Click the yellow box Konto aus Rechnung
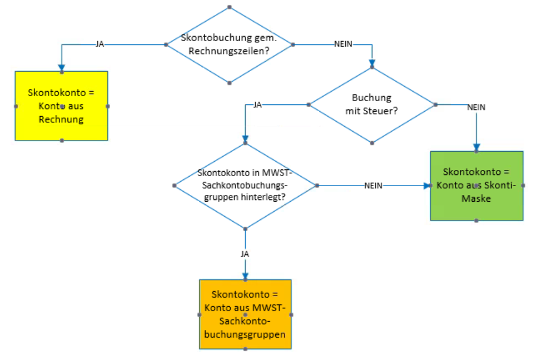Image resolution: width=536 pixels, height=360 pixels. tap(61, 106)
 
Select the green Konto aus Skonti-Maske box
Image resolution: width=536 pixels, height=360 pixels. tap(477, 186)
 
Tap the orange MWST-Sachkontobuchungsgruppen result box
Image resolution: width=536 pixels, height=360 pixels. tap(245, 314)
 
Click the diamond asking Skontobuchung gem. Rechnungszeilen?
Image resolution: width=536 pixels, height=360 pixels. tap(230, 45)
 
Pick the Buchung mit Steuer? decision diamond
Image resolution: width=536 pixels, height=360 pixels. tap(371, 104)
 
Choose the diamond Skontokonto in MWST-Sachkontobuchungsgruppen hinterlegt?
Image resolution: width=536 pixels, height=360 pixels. tap(245, 185)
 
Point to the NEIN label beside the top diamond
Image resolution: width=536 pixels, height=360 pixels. tap(343, 44)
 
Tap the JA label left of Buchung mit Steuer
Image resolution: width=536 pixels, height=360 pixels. tap(257, 104)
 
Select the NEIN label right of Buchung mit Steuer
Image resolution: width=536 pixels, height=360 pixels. tap(477, 108)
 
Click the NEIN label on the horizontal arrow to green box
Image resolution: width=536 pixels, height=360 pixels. tap(373, 186)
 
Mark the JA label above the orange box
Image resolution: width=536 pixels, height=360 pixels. tap(245, 253)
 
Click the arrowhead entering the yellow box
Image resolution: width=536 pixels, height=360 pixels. tap(62, 68)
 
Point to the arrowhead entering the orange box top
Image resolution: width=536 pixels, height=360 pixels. tap(245, 276)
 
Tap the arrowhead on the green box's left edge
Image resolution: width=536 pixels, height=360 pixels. tap(427, 186)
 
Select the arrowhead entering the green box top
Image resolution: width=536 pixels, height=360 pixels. tap(477, 148)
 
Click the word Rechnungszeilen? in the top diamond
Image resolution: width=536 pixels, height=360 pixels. tap(230, 51)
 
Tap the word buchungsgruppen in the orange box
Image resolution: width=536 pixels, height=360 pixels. tap(245, 335)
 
